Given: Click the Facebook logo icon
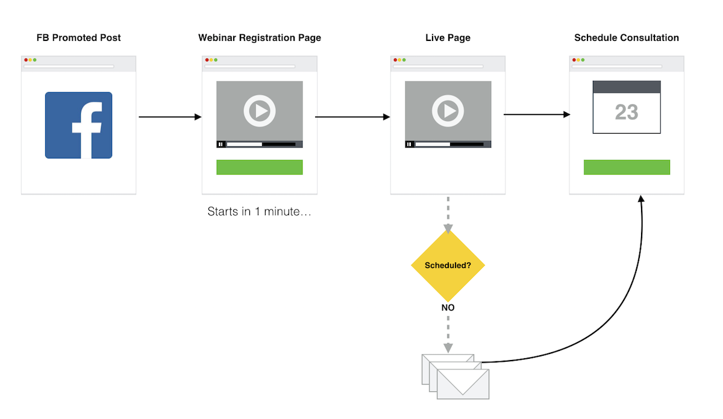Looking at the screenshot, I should tap(78, 125).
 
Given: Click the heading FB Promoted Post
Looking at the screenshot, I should tap(78, 38).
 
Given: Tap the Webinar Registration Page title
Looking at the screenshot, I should tap(260, 38).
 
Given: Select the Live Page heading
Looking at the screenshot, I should tap(448, 38).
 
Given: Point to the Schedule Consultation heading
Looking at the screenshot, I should tap(627, 38).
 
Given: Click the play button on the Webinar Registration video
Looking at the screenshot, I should tap(260, 111).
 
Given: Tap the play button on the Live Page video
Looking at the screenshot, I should tap(448, 111).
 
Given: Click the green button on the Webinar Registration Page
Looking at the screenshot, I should tap(260, 167).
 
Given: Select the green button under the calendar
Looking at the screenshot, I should tap(627, 167).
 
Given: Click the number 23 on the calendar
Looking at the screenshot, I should tap(627, 113).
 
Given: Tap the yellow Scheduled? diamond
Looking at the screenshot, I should tap(448, 265).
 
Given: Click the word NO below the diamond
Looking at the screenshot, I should tap(448, 308).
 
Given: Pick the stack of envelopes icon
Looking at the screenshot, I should tap(455, 376).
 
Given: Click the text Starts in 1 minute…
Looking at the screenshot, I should tap(259, 212).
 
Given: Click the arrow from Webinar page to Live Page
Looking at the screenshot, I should tap(352, 117).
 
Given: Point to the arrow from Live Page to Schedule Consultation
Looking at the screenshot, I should tap(536, 114).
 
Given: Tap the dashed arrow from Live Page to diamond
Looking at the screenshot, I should tap(448, 214).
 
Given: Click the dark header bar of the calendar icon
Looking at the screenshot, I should tap(627, 87).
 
